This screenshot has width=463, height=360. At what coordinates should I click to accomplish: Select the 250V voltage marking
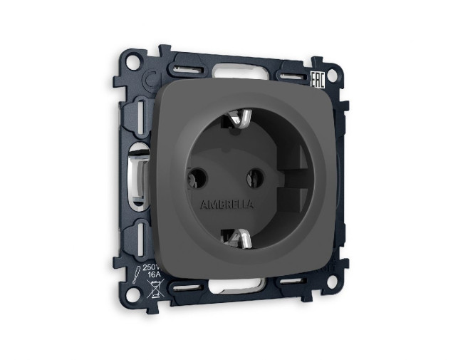151,267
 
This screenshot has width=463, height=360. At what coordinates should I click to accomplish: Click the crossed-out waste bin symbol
152,289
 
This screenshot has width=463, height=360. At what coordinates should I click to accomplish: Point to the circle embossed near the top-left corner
150,79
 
